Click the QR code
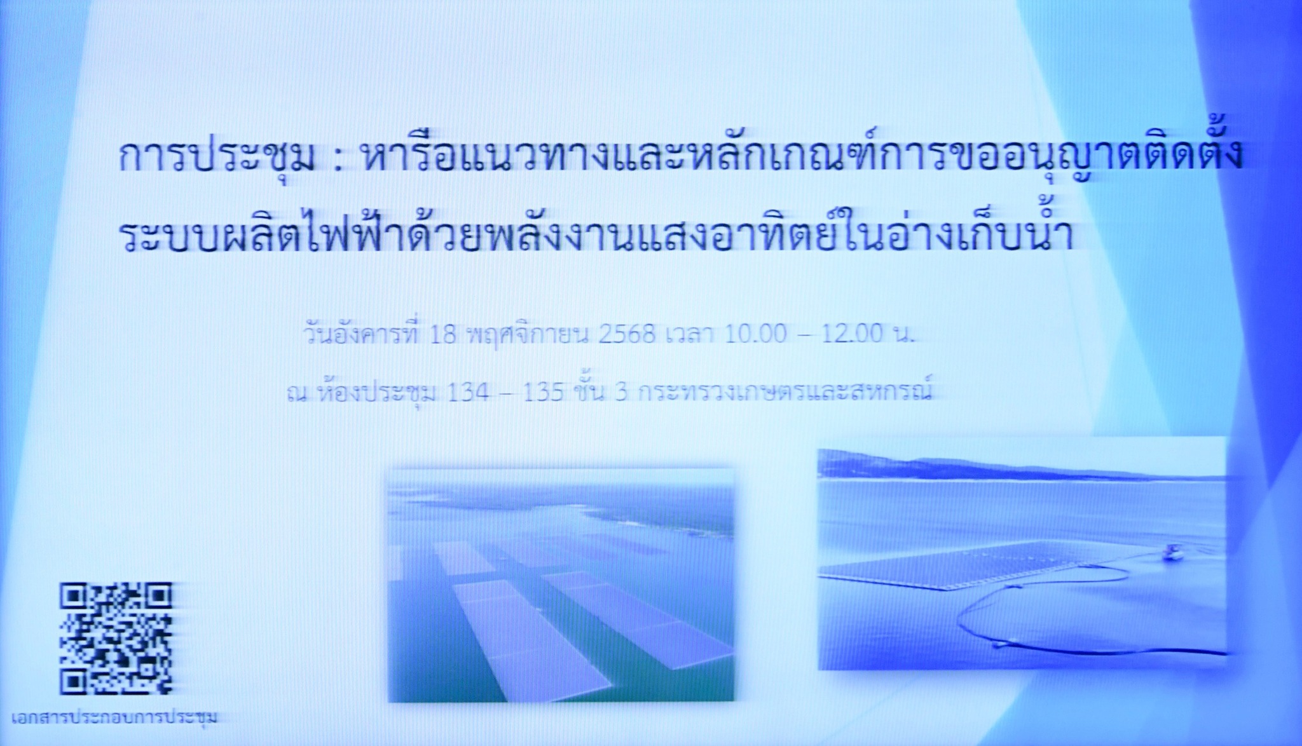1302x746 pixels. point(116,639)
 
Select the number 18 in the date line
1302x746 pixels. point(443,334)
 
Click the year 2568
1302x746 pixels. point(627,334)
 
